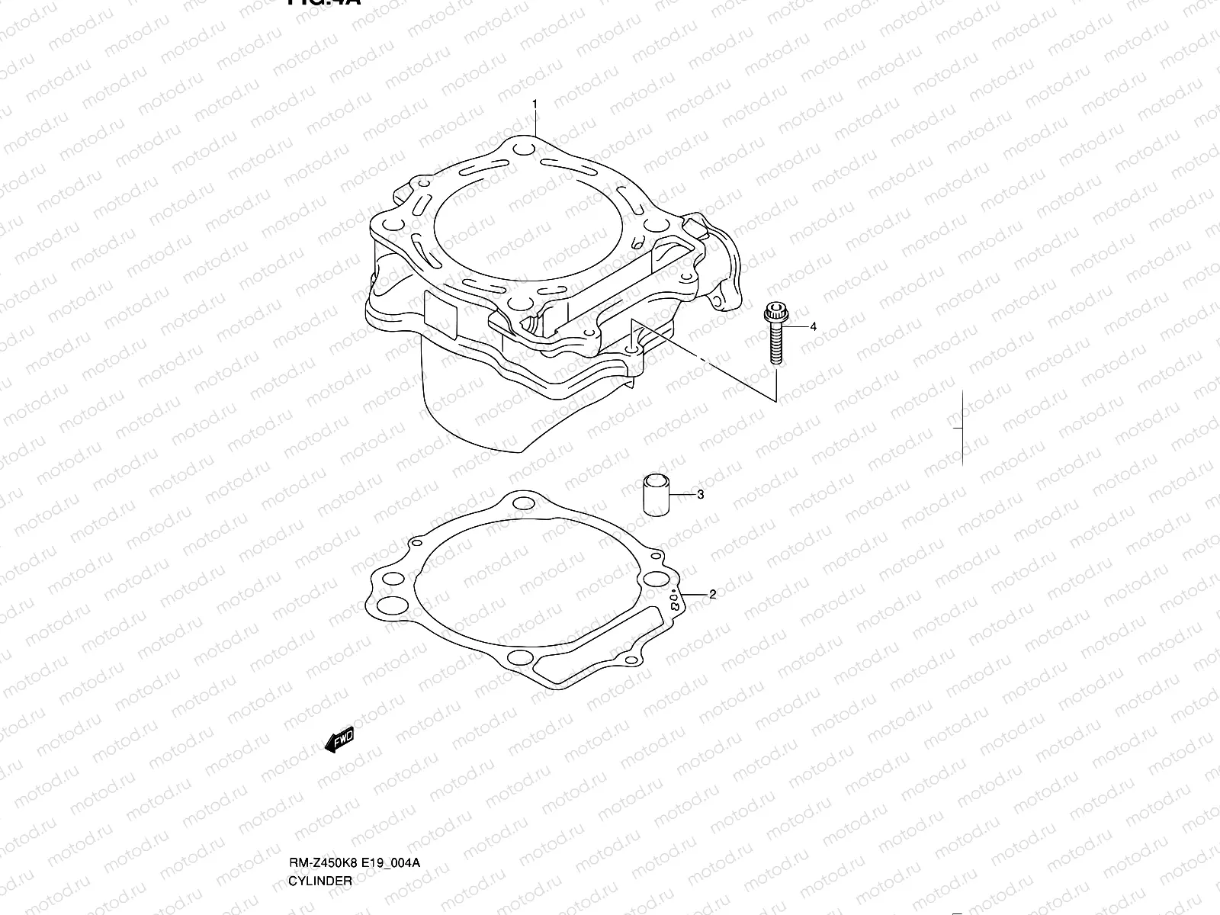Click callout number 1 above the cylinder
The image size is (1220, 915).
535,103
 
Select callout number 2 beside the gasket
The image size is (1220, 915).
712,595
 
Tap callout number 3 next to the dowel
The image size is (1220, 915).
700,495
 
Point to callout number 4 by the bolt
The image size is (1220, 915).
813,326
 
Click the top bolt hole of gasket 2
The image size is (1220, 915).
522,502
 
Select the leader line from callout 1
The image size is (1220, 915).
535,122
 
